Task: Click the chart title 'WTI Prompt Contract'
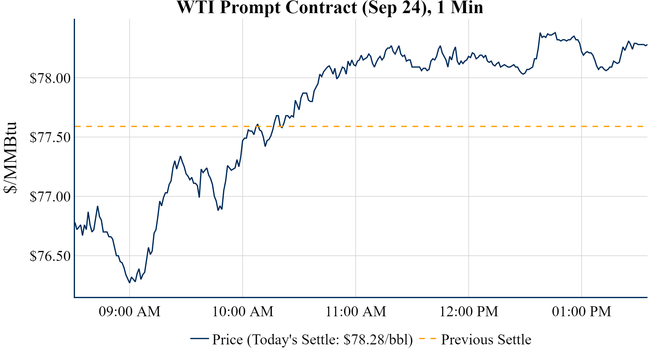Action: (330, 7)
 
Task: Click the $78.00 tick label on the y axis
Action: (50, 78)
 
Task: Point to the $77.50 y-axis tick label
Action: (50, 137)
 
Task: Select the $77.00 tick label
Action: (50, 197)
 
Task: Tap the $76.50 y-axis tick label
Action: (50, 256)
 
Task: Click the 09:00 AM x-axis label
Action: (130, 312)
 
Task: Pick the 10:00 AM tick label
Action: (243, 312)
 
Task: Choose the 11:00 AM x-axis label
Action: (356, 312)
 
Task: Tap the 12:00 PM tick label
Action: (469, 312)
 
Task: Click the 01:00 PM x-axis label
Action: (582, 312)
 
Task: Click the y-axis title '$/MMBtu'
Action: (10, 157)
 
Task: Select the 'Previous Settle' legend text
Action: (486, 339)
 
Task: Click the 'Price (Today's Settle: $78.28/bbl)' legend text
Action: (312, 339)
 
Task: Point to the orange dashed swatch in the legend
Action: (427, 339)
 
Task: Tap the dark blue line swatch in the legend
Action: (199, 339)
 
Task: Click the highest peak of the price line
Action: (540, 33)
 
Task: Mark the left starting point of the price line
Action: (75, 223)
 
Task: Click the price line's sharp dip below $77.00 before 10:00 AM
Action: (218, 210)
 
